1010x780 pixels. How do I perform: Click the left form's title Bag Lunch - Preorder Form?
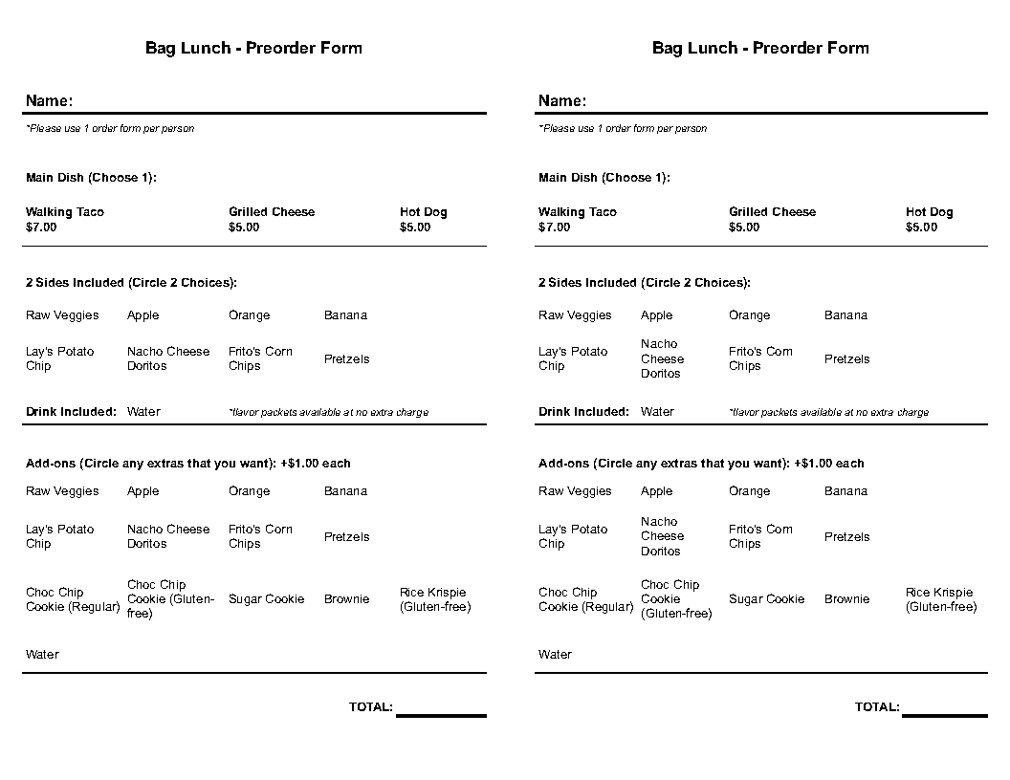click(x=253, y=48)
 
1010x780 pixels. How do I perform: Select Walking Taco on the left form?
click(x=65, y=212)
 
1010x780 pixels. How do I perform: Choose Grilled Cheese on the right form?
click(x=772, y=212)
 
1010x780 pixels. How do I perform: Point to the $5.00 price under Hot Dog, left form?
click(x=415, y=227)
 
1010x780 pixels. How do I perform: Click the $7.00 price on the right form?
click(x=554, y=227)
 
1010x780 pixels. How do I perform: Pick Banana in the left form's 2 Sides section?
click(x=345, y=315)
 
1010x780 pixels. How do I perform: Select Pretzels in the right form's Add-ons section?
click(x=846, y=537)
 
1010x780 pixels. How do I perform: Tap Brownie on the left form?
click(x=346, y=599)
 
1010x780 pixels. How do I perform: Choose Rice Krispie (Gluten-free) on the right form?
click(x=940, y=599)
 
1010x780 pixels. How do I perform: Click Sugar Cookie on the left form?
click(x=266, y=599)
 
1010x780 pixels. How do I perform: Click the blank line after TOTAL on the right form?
click(x=944, y=713)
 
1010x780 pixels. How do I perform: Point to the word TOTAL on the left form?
click(x=370, y=707)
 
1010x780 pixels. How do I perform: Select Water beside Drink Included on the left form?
click(x=143, y=412)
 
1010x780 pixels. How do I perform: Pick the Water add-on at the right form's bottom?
click(x=555, y=655)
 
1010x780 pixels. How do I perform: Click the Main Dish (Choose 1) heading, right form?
click(x=604, y=178)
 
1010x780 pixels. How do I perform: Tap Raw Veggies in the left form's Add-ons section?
click(x=62, y=491)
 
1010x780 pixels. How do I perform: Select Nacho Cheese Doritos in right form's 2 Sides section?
click(x=662, y=358)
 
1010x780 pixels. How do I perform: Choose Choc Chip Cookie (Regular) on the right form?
click(x=585, y=599)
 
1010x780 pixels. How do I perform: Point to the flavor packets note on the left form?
click(x=328, y=413)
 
